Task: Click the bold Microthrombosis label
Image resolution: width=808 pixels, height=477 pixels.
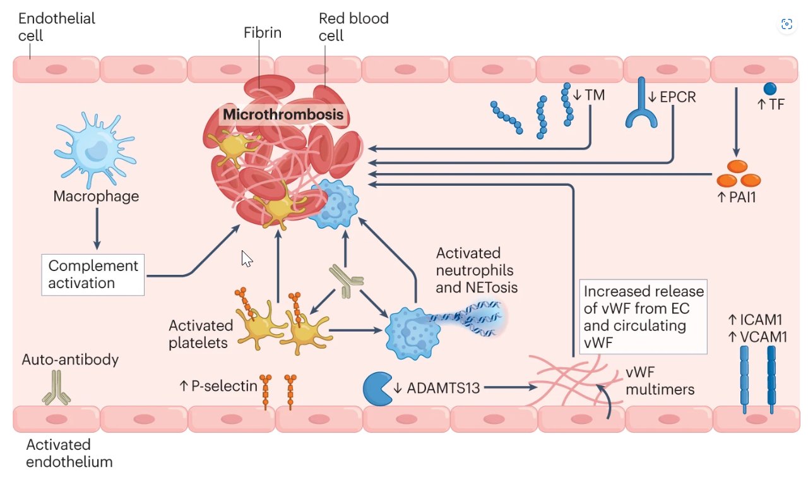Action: (x=283, y=115)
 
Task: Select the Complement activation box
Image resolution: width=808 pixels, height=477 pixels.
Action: (x=93, y=275)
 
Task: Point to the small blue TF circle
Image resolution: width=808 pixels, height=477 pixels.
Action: (x=769, y=89)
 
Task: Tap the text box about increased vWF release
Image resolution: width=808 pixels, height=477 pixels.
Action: (x=643, y=317)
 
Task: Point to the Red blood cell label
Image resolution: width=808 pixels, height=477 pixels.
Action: (x=353, y=27)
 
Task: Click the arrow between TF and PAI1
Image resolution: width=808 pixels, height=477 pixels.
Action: (x=736, y=123)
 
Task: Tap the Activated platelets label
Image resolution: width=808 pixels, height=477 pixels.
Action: (x=201, y=334)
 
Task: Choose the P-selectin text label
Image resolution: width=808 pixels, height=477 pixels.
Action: (x=218, y=385)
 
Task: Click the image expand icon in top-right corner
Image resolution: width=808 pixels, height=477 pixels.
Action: (x=786, y=24)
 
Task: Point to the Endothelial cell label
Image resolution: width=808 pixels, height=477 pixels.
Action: (x=57, y=27)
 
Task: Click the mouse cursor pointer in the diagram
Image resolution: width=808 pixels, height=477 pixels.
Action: (x=247, y=258)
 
